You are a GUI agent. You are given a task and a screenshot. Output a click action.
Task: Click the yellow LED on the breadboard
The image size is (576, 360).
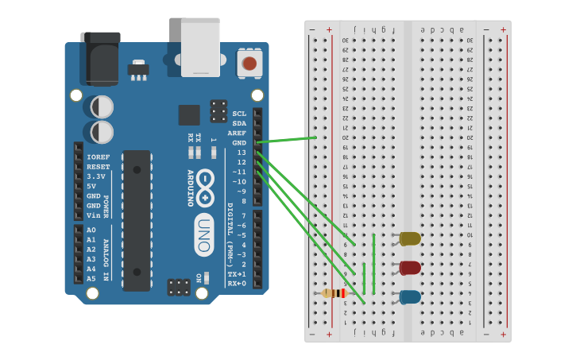coord(410,238)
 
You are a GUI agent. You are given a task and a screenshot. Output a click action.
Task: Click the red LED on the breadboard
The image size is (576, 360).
coord(410,268)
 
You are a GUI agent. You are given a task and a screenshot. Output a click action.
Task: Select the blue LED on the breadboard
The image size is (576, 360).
coord(410,297)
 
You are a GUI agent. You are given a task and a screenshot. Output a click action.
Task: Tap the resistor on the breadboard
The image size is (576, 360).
coord(335,293)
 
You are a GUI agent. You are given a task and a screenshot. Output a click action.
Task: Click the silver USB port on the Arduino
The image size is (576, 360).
coord(200,48)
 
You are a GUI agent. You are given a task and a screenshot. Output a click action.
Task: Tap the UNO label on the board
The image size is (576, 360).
coord(203,235)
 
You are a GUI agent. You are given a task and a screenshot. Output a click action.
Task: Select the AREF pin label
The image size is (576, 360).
coord(237,133)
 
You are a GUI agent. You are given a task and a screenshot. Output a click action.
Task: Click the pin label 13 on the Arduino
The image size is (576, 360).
coord(241,152)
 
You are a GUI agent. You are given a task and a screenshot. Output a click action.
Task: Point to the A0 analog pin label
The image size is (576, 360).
coord(91,230)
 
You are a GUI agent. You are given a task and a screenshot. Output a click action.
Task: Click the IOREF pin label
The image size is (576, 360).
coord(98,157)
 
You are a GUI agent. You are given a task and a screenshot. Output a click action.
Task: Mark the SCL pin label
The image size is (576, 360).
coord(239,114)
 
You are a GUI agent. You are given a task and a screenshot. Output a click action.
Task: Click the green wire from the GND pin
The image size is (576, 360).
coord(286,140)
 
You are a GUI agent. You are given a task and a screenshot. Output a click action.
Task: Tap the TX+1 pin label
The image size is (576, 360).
coord(237,273)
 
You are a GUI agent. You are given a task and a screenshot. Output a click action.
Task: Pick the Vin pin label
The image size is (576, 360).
coord(93,215)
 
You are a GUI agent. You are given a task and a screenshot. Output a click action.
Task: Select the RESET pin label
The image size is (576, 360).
coord(98,167)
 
